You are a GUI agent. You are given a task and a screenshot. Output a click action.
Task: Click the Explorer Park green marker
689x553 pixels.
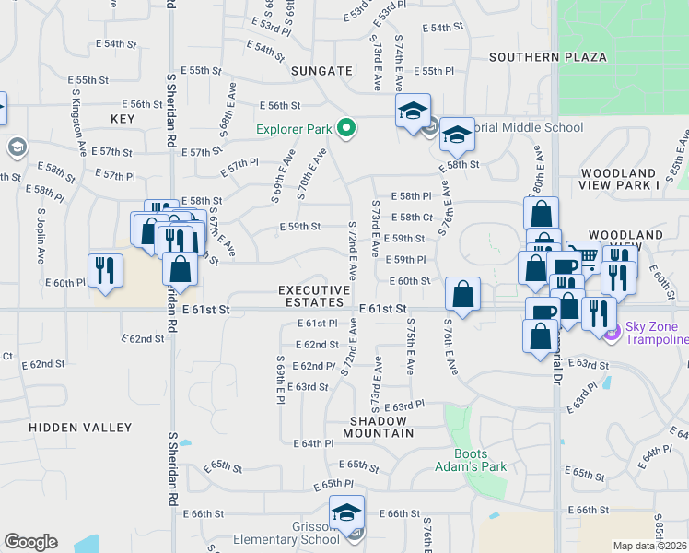(x=347, y=128)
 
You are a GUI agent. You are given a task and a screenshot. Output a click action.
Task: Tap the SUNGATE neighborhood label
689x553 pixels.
(x=321, y=70)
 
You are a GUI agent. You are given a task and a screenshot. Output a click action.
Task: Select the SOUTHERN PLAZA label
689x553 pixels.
(x=548, y=57)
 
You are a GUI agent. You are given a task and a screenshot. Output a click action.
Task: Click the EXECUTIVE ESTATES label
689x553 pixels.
(x=314, y=296)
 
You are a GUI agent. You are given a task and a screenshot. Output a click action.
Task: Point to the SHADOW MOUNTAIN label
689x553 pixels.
(x=379, y=426)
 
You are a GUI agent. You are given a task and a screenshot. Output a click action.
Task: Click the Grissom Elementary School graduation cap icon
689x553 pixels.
(x=346, y=512)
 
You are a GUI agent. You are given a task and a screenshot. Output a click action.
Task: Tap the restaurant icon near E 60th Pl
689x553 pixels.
(x=105, y=270)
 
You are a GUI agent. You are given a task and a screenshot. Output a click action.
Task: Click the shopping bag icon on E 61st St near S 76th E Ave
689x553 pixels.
(x=462, y=294)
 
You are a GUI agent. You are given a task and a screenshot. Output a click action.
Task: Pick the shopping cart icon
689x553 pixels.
(x=582, y=257)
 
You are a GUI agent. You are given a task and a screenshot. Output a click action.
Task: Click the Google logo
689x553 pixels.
(x=30, y=542)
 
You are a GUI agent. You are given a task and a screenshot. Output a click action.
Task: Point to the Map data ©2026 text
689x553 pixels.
(x=649, y=546)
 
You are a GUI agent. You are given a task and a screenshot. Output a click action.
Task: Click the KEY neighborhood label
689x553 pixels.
(x=123, y=119)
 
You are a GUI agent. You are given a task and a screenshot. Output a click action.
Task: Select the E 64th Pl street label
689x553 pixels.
(x=313, y=443)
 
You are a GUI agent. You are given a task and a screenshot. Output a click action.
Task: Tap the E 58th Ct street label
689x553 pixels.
(x=411, y=218)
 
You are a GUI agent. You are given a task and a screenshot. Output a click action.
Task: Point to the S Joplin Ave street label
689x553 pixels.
(x=42, y=236)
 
